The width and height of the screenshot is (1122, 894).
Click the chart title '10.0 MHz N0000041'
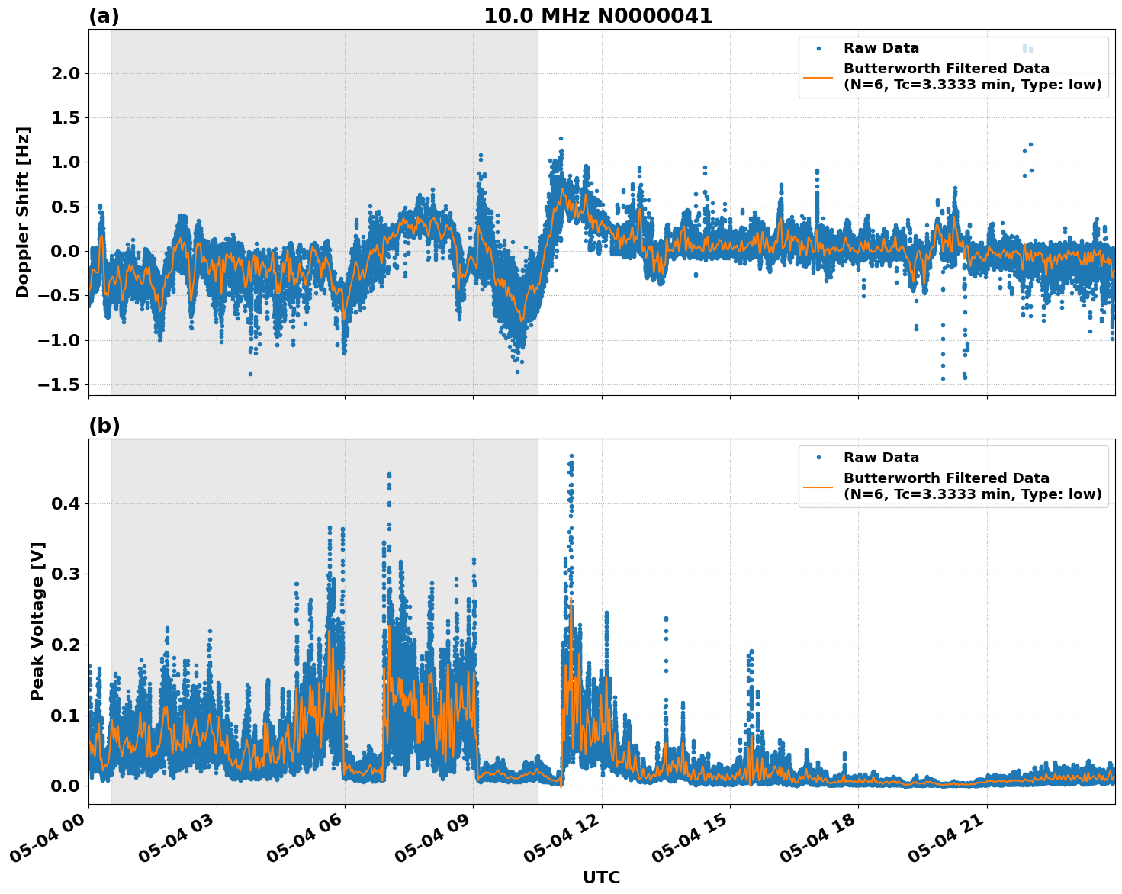coord(598,16)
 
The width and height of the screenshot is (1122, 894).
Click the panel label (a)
coord(104,16)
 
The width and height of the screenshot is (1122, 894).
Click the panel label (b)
coord(104,426)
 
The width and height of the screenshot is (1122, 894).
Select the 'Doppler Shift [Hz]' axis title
coord(23,212)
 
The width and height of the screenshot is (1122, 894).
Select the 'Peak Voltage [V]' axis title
coord(37,621)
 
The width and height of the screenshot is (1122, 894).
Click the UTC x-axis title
coord(601,877)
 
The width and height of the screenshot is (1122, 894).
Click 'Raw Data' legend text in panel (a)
coord(881,48)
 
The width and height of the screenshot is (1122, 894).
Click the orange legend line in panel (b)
coord(818,487)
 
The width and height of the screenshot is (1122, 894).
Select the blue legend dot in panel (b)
coord(818,458)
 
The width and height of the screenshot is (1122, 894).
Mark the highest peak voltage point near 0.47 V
coord(571,455)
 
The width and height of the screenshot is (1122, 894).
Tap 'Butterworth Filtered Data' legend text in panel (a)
coord(946,69)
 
